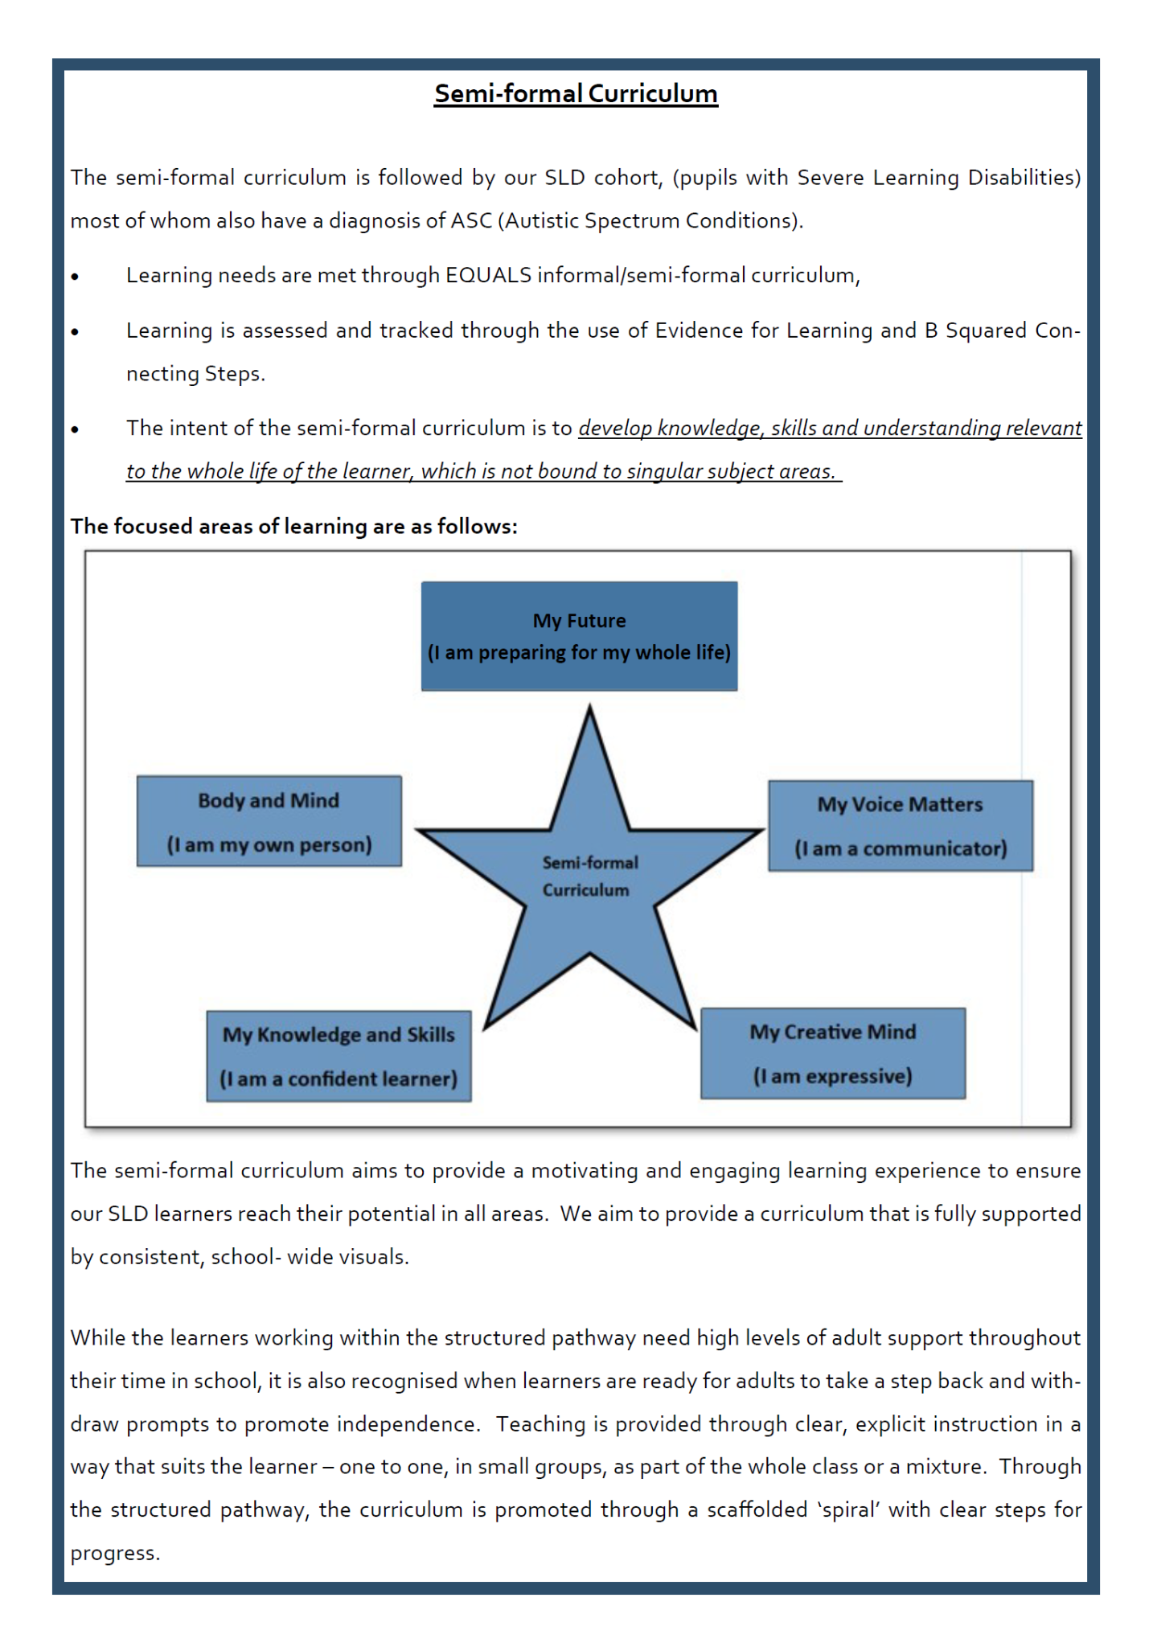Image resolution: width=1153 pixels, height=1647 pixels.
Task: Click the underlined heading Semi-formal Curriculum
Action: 576,94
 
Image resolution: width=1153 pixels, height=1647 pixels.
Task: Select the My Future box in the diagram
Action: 579,636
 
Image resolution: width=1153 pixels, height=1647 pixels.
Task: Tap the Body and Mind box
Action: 269,821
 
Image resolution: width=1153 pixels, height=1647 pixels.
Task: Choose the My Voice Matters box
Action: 900,825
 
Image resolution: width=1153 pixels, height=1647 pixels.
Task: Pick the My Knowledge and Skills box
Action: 339,1056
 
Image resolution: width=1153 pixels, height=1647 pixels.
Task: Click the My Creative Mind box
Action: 832,1053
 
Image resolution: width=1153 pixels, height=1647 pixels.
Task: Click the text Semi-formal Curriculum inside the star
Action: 589,876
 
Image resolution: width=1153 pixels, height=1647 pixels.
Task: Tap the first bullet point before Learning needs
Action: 75,277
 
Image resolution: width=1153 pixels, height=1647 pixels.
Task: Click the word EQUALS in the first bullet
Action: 488,276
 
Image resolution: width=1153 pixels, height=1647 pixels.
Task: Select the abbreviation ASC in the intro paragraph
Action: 471,221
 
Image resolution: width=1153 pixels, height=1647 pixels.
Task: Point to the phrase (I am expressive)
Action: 832,1076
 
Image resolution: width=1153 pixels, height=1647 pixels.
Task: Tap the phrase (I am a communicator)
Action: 900,848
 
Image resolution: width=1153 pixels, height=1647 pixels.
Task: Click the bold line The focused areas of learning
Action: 293,527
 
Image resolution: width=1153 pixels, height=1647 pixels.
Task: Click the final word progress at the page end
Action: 114,1553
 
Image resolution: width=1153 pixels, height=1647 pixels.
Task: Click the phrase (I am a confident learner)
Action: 339,1079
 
